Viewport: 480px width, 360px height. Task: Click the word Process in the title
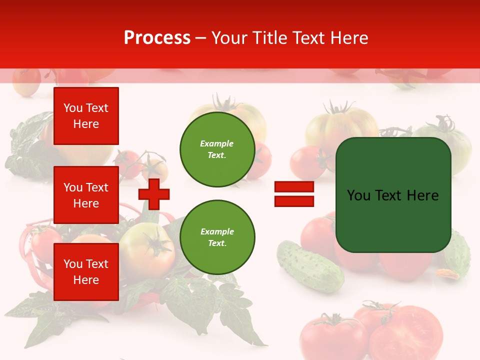(x=157, y=38)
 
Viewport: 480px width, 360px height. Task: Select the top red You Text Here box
(x=86, y=116)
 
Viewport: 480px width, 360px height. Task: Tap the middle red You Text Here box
(x=86, y=195)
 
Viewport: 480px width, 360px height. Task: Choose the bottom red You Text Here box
(x=86, y=272)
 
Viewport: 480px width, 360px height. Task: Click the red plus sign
(x=154, y=194)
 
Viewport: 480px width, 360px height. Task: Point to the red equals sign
(x=294, y=194)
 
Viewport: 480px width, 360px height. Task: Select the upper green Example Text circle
(x=217, y=149)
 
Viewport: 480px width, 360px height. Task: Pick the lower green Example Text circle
(x=217, y=237)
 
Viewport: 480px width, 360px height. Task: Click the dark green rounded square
(x=393, y=195)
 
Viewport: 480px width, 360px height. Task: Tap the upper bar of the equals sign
(x=294, y=187)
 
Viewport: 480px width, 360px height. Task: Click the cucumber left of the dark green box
(x=309, y=265)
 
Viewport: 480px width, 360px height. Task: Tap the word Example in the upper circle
(x=216, y=143)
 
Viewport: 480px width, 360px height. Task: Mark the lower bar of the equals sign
(x=294, y=201)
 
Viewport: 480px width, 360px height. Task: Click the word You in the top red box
(x=73, y=108)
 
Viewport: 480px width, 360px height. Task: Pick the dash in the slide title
(x=201, y=38)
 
